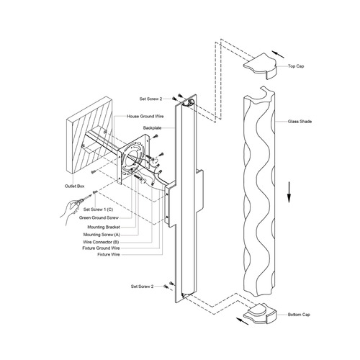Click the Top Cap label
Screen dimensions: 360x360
(296, 66)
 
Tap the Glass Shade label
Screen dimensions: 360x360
(300, 122)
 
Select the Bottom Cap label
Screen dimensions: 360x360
(299, 315)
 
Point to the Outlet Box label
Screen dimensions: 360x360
(75, 186)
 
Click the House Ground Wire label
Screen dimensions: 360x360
(145, 117)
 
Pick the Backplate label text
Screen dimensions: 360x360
(153, 128)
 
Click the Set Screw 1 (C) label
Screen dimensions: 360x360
(98, 210)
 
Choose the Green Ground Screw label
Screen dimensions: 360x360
(99, 218)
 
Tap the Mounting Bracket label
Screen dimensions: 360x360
(104, 227)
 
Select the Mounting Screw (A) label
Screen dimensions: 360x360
(102, 235)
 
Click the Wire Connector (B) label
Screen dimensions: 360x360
(101, 242)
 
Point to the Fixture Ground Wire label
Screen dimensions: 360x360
(101, 248)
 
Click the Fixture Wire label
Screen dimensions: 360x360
(109, 254)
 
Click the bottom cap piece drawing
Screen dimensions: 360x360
(260, 313)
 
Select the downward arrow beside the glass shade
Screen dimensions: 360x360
(289, 192)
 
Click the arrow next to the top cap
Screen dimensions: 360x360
(279, 55)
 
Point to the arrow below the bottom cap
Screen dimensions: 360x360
(243, 321)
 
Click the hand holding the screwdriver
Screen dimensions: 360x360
(71, 210)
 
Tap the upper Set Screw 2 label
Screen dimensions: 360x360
(150, 99)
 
